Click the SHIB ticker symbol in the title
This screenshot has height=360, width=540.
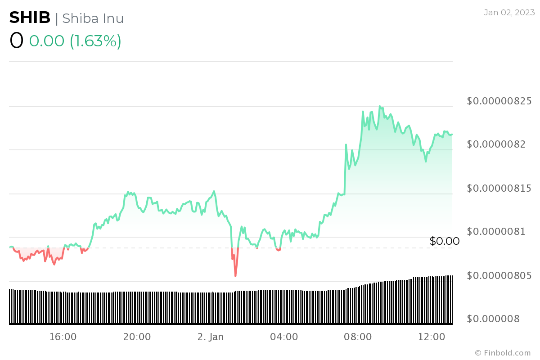[x=30, y=18]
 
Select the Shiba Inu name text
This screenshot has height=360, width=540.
[x=93, y=18]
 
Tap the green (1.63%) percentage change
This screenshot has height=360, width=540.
[x=95, y=41]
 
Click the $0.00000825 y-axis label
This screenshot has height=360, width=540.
[x=499, y=101]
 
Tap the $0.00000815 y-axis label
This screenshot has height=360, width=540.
[x=499, y=188]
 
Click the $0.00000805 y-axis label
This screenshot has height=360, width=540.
[x=499, y=275]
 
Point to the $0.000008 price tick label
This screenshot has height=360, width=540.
[x=494, y=319]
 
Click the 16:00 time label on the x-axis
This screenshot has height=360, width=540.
[x=63, y=337]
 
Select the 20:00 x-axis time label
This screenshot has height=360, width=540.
[x=137, y=337]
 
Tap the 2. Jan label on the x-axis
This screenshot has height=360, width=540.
[x=210, y=337]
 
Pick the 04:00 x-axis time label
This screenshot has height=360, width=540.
[x=284, y=337]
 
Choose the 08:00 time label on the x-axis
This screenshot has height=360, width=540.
[x=358, y=337]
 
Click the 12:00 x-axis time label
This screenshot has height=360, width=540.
[x=431, y=337]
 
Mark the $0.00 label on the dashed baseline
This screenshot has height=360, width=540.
[x=445, y=241]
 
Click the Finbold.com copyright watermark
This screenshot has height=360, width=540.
[x=503, y=353]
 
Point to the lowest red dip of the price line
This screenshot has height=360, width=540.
[x=235, y=275]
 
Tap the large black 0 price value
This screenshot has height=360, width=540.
[x=16, y=41]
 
